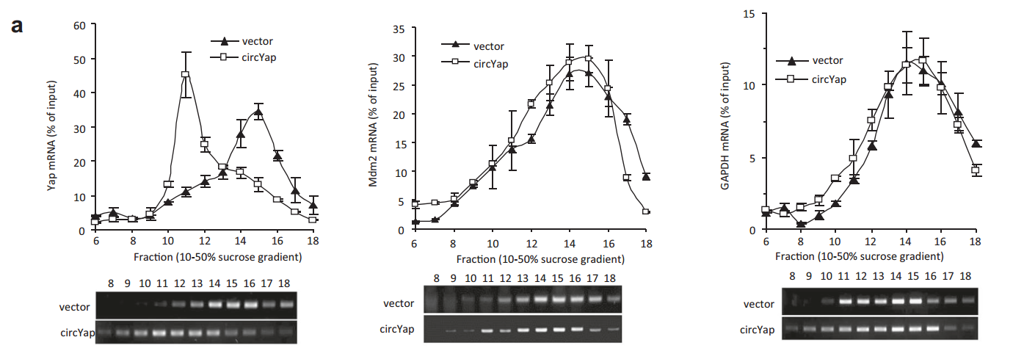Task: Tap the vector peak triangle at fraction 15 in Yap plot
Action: point(258,112)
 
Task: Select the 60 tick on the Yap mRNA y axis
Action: point(81,25)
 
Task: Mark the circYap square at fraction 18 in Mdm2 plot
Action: point(646,211)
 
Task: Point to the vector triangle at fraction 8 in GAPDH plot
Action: point(802,224)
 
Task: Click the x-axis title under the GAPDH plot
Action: point(871,256)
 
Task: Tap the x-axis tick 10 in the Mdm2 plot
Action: point(493,244)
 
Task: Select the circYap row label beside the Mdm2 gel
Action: point(397,330)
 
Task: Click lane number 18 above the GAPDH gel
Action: point(966,275)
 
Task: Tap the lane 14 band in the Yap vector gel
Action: point(215,303)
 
